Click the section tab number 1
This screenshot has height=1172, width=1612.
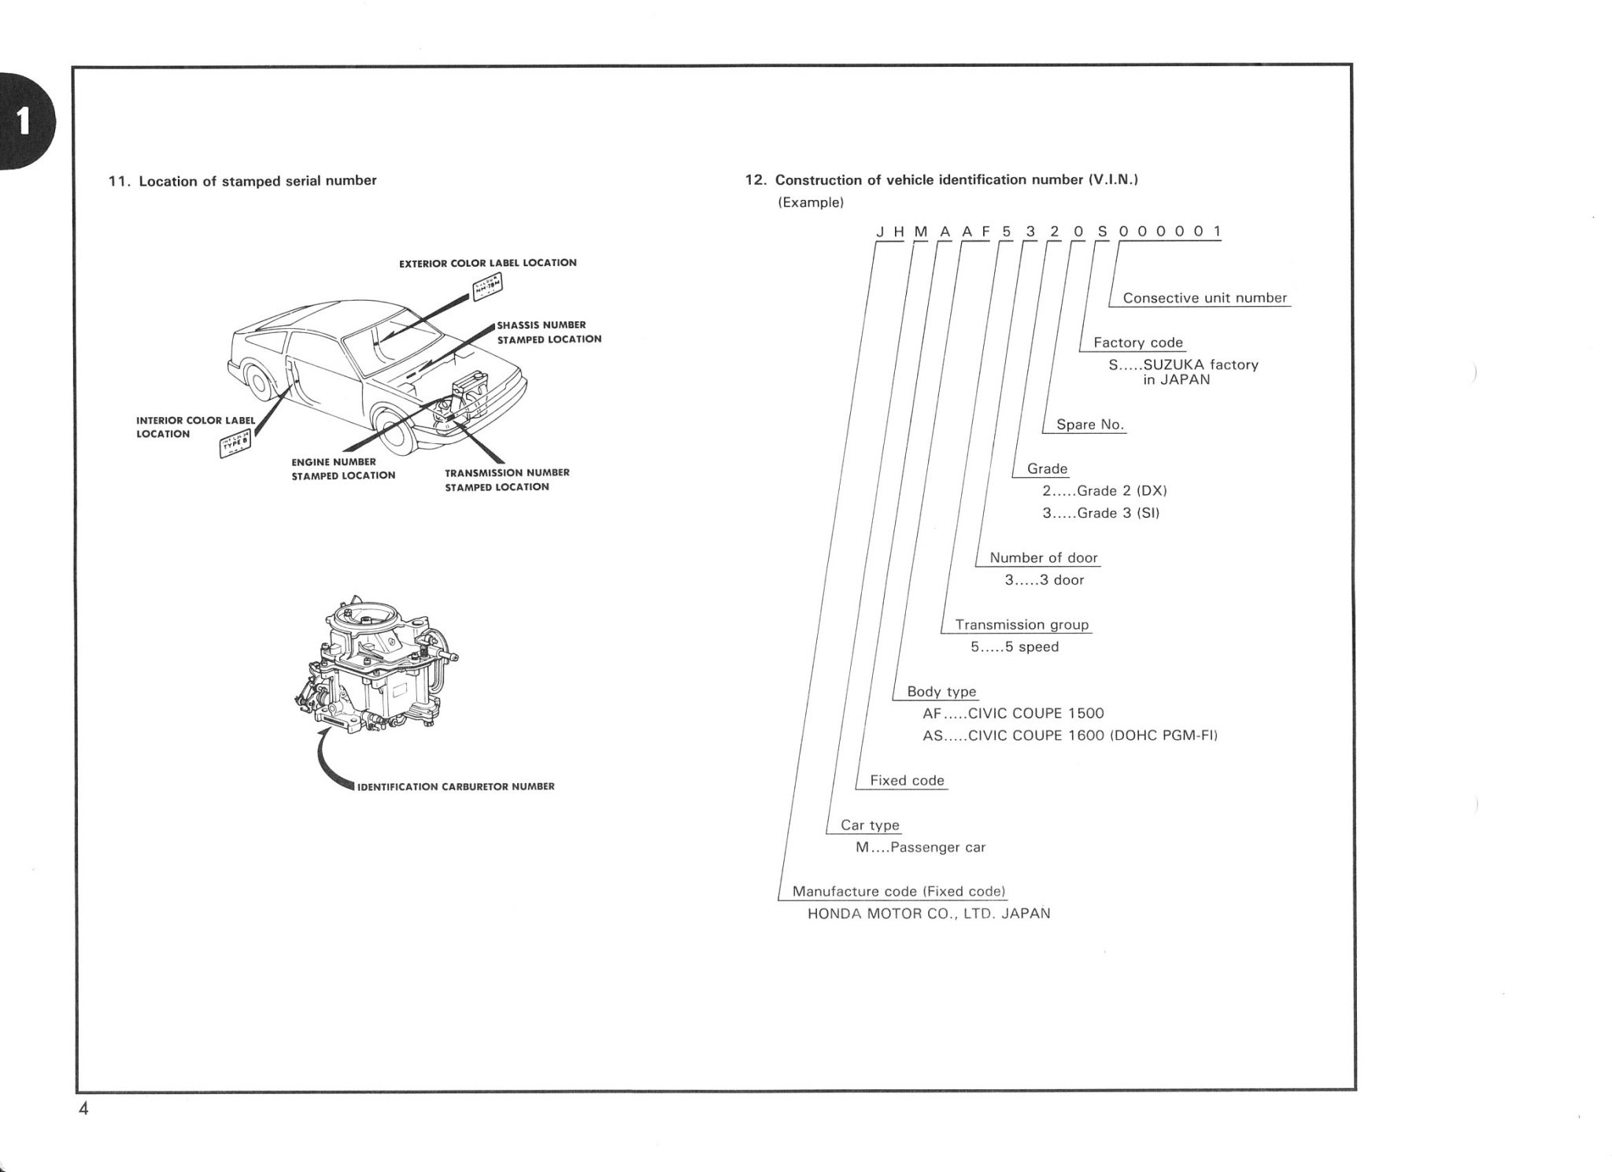coord(24,121)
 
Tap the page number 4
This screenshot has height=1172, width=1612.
coord(83,1109)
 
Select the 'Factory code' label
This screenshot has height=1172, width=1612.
coord(1137,342)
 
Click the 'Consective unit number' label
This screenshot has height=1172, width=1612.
coord(1204,298)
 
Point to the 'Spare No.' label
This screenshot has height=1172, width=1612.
coord(1089,424)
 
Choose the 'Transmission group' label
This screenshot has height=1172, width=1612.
coord(1022,625)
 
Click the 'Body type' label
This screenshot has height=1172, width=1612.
coord(941,692)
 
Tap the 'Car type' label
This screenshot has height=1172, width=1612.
coord(870,825)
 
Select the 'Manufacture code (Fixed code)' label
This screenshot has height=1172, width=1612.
coord(899,891)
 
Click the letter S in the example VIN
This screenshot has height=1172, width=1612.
coord(1102,231)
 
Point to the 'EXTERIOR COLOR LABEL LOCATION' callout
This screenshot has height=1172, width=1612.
coord(487,263)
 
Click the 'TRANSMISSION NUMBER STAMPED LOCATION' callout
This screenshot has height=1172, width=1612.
coord(507,479)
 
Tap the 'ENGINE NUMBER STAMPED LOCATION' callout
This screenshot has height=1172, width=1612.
coord(343,468)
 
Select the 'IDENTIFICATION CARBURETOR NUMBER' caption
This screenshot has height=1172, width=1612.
coord(456,786)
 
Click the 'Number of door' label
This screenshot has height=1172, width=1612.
coord(1043,558)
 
